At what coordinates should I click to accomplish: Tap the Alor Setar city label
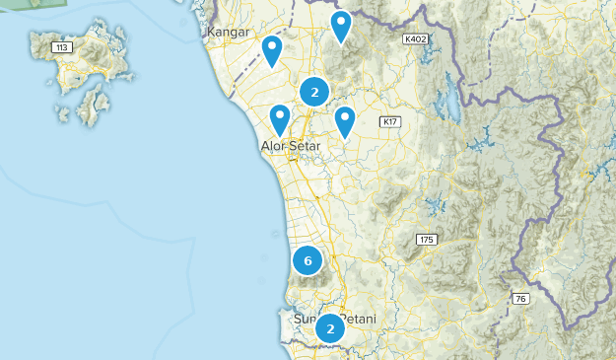(292, 147)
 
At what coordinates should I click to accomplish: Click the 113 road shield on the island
(64, 46)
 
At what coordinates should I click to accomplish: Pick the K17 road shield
(390, 122)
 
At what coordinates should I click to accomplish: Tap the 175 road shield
(427, 240)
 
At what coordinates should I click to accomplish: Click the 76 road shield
(520, 299)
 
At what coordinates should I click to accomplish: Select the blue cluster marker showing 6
(308, 261)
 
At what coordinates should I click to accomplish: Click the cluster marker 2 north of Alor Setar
(314, 93)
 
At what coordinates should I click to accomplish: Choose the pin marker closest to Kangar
(272, 48)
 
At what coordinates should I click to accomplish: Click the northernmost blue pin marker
(341, 24)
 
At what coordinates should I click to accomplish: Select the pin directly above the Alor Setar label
(280, 118)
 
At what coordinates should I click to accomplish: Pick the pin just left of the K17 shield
(345, 120)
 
